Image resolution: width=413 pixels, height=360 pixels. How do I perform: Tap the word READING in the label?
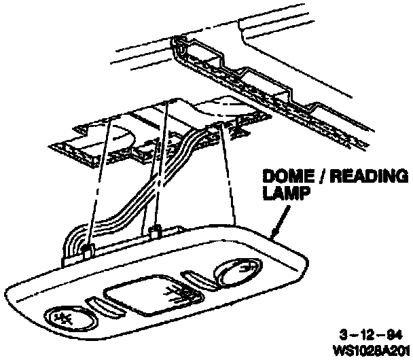coord(369,177)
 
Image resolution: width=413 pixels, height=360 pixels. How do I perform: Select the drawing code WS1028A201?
coord(372,350)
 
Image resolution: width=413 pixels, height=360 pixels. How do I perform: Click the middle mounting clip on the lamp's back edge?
coord(155,232)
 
